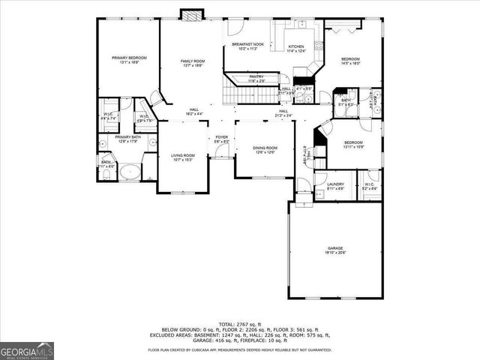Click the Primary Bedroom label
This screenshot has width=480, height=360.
129,60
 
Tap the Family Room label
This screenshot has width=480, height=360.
192,63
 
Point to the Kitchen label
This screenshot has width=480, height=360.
297,49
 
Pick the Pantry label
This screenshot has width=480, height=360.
256,78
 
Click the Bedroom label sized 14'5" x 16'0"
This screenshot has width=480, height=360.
351,61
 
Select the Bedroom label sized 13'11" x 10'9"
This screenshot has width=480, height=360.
353,144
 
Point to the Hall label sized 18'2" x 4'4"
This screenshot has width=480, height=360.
193,112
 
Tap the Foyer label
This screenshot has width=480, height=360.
222,139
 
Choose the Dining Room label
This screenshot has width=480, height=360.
265,150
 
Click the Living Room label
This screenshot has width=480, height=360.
182,157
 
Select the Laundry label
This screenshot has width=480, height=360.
335,185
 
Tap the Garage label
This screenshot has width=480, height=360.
334,250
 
